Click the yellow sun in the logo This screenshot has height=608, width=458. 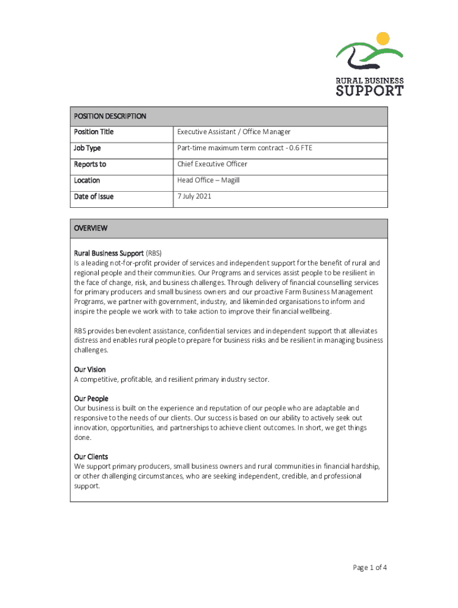click(x=382, y=39)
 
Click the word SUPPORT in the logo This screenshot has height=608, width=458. click(x=369, y=91)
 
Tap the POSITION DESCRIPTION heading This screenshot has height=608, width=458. click(x=110, y=116)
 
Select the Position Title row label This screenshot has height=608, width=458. click(x=93, y=132)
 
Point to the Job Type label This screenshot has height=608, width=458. click(x=87, y=148)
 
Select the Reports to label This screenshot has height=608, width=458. click(x=90, y=164)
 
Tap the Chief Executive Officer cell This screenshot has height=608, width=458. click(x=212, y=164)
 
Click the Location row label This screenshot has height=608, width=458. click(x=87, y=180)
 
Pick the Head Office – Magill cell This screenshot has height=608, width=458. click(x=208, y=180)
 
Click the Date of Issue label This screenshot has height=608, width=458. click(x=93, y=197)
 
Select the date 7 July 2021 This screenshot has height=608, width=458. click(x=194, y=197)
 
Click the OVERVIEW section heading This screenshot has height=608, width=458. click(x=90, y=228)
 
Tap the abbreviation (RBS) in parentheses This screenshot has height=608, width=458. click(x=153, y=253)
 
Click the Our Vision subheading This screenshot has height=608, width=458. click(x=90, y=369)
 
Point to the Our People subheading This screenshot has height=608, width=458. click(x=91, y=398)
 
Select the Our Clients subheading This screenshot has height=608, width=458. click(x=91, y=457)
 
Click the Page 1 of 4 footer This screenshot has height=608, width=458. click(x=370, y=568)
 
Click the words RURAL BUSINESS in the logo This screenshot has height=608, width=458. click(x=370, y=81)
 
